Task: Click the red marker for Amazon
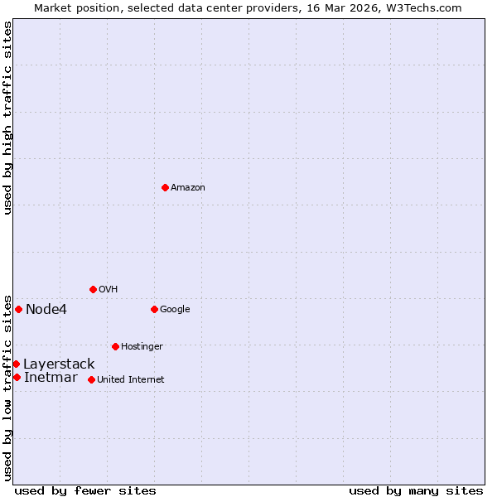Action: point(165,187)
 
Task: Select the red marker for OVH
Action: point(93,289)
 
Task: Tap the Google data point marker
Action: point(154,309)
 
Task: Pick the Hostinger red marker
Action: point(115,346)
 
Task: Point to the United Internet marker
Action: point(91,379)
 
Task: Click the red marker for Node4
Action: point(18,309)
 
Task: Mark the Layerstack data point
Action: point(16,364)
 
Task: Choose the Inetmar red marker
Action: point(17,377)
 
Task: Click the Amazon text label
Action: point(188,187)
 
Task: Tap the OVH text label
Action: point(108,289)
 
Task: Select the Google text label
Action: point(175,309)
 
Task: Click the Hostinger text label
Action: point(142,346)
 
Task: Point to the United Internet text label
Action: point(130,379)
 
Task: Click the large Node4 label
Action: point(46,309)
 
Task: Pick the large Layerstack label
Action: point(59,364)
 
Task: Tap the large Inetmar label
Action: point(51,378)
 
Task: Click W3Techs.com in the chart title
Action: point(420,7)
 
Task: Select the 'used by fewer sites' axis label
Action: point(85,490)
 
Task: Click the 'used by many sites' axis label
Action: point(416,490)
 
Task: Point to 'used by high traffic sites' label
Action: point(7,118)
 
